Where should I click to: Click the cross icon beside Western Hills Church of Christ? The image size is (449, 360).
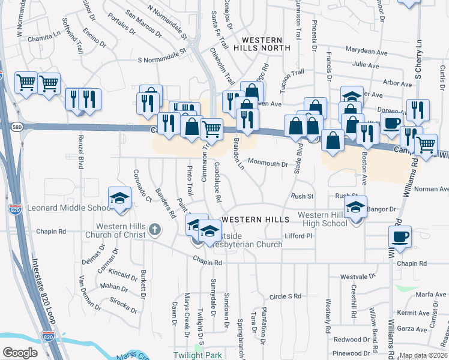[155, 229]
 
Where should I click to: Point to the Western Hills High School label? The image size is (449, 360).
[323, 219]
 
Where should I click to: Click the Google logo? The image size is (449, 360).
[20, 353]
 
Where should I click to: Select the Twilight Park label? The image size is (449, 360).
[197, 355]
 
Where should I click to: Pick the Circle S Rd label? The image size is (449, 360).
[285, 296]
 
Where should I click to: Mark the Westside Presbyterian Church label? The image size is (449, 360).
[245, 240]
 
